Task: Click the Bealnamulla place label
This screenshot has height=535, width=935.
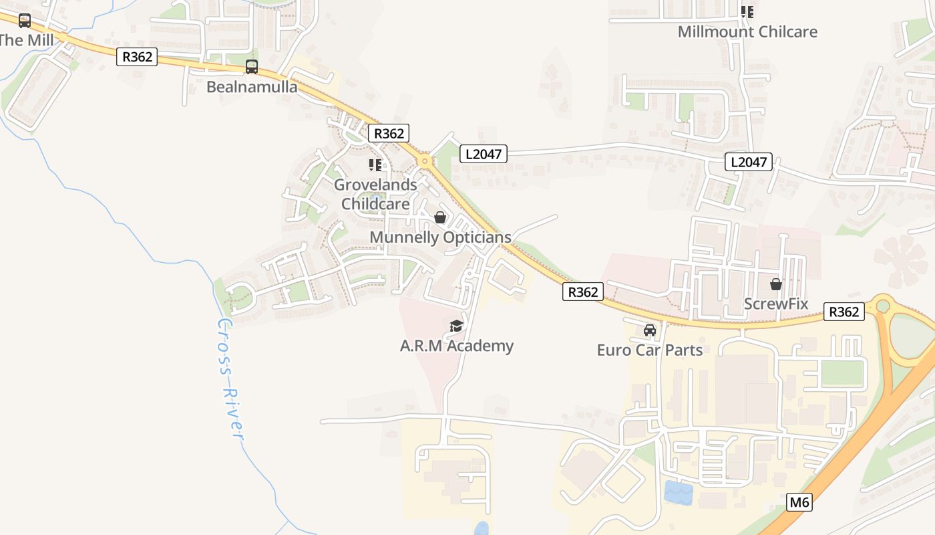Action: [252, 87]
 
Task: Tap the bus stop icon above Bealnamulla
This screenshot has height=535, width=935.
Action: [252, 67]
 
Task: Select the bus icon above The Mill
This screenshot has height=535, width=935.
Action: [25, 21]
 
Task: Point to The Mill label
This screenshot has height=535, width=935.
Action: [25, 40]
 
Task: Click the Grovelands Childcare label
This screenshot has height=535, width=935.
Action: [375, 194]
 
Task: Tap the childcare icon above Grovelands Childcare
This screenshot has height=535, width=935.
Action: [375, 165]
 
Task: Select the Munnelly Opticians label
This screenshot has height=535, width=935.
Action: [440, 237]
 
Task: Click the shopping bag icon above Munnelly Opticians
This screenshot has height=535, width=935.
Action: [440, 217]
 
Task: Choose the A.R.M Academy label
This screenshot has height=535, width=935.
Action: [456, 346]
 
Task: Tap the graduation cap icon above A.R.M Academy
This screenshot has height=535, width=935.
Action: [456, 326]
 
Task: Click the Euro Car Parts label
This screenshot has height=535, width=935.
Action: [649, 350]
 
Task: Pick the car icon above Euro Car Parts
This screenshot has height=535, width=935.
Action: [649, 330]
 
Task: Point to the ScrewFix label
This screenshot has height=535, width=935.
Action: [776, 304]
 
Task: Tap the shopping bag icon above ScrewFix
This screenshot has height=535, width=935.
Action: [776, 284]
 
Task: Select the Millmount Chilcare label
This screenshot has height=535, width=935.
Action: [747, 31]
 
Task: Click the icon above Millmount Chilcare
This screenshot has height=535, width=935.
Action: [747, 11]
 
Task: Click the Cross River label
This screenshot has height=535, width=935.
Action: [228, 379]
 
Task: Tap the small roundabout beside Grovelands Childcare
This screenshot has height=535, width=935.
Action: [424, 161]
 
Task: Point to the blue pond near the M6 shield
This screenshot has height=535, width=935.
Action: [679, 492]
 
